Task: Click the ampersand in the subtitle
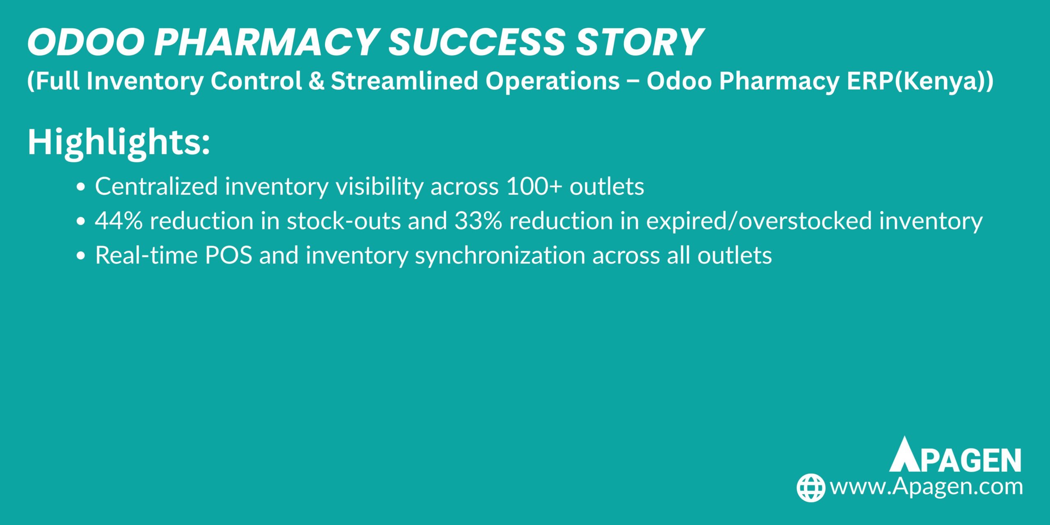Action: [x=316, y=81]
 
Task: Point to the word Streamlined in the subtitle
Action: [x=404, y=81]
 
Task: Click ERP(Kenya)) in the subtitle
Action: [x=917, y=81]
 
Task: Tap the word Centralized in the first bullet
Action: [x=156, y=187]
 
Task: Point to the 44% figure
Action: [x=119, y=221]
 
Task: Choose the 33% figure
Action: [x=478, y=221]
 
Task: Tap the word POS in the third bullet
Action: [x=228, y=255]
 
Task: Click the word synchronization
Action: [x=500, y=255]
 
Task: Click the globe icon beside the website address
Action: [x=811, y=488]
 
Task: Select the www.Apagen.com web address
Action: [x=926, y=487]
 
